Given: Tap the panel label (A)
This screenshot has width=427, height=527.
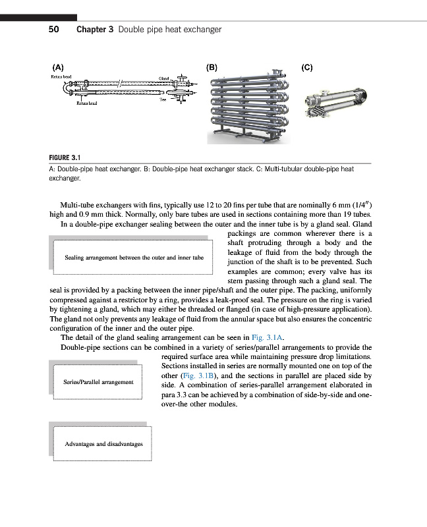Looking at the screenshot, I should (x=58, y=67).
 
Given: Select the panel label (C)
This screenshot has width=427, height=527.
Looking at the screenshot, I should (x=306, y=67).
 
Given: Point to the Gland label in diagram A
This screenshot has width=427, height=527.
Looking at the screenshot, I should (x=165, y=79).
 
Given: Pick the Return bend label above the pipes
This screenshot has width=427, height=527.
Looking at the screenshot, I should (x=61, y=77).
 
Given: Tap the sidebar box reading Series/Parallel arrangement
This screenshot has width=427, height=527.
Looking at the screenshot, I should (x=98, y=382).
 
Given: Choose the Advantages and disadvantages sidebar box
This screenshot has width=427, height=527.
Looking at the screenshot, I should (x=103, y=444).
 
